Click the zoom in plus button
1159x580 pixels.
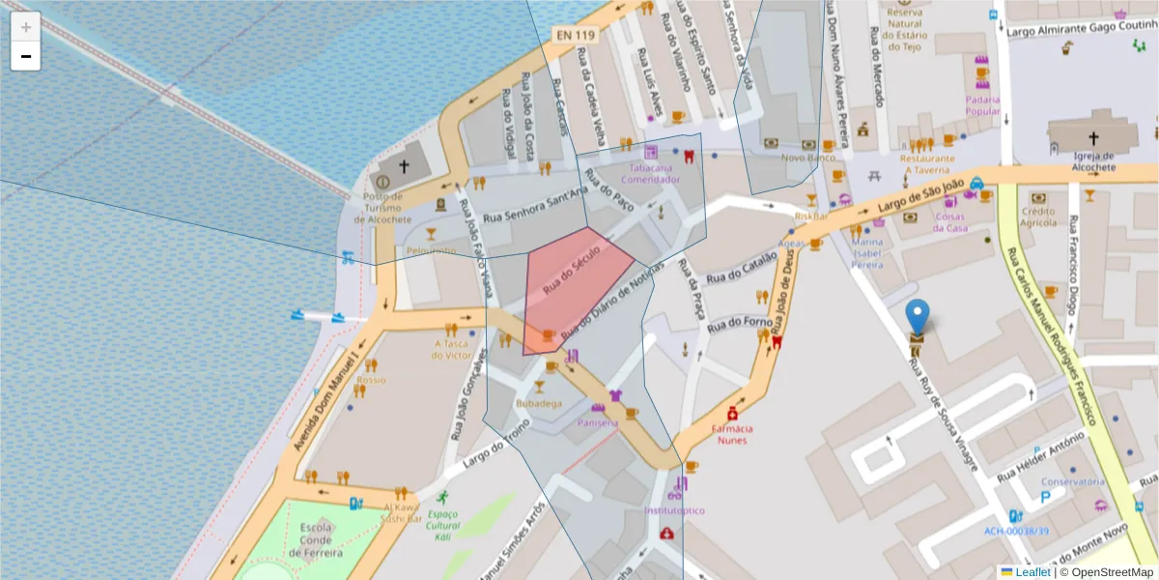pos(26,27)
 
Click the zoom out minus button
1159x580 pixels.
pos(26,56)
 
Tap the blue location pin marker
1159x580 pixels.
pos(917,316)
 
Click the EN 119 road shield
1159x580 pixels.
pos(575,35)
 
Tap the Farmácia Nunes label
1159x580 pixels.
pos(732,434)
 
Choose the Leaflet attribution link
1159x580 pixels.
pos(1032,572)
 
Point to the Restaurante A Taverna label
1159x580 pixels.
pos(926,163)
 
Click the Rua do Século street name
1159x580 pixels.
pos(572,269)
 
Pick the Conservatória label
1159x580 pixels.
pos(1072,481)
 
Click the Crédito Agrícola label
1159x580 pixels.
pos(1038,217)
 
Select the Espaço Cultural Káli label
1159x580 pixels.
pos(444,525)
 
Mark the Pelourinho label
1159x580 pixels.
pos(431,250)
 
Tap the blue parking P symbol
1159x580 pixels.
pos(1045,499)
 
